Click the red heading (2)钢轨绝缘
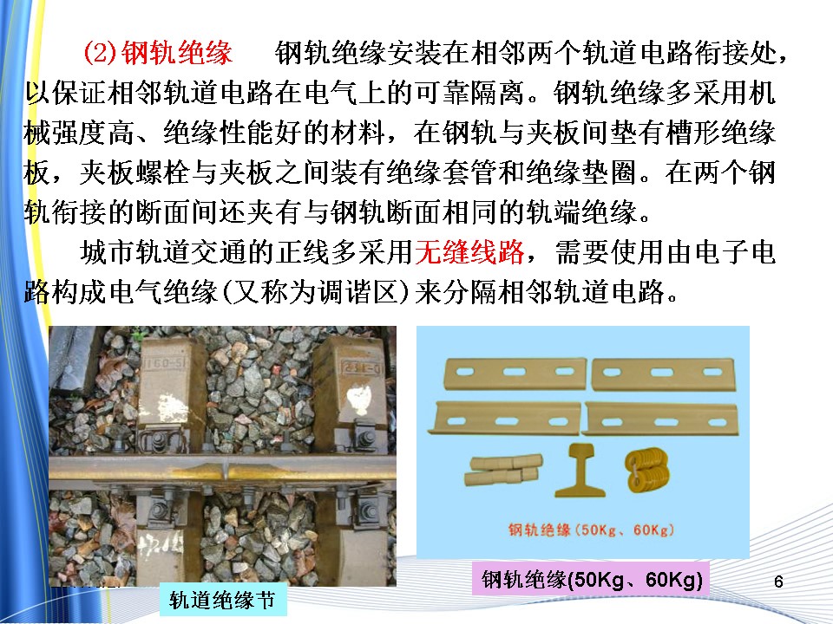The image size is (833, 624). coord(158,53)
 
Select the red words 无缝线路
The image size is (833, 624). coord(469,251)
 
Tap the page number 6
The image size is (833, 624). coord(778,582)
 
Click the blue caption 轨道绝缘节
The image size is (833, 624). coord(223,600)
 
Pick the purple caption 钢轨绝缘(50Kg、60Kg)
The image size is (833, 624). coord(592,579)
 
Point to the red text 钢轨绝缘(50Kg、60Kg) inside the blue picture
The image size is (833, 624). coord(591,530)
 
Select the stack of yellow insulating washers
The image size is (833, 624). coord(646,470)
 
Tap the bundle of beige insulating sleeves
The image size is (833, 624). coord(502,469)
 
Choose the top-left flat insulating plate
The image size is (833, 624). coord(515,374)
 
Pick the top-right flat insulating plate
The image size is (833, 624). coord(664,374)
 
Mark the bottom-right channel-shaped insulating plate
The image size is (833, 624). coord(660,419)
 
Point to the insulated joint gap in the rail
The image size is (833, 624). coord(226,470)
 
